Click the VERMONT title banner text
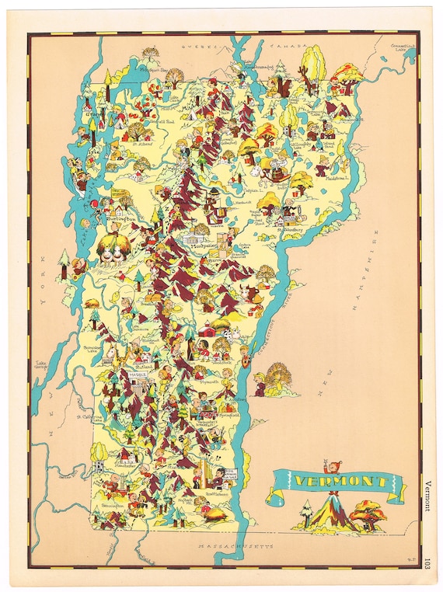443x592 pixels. [x=336, y=482]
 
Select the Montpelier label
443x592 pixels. [x=204, y=244]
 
